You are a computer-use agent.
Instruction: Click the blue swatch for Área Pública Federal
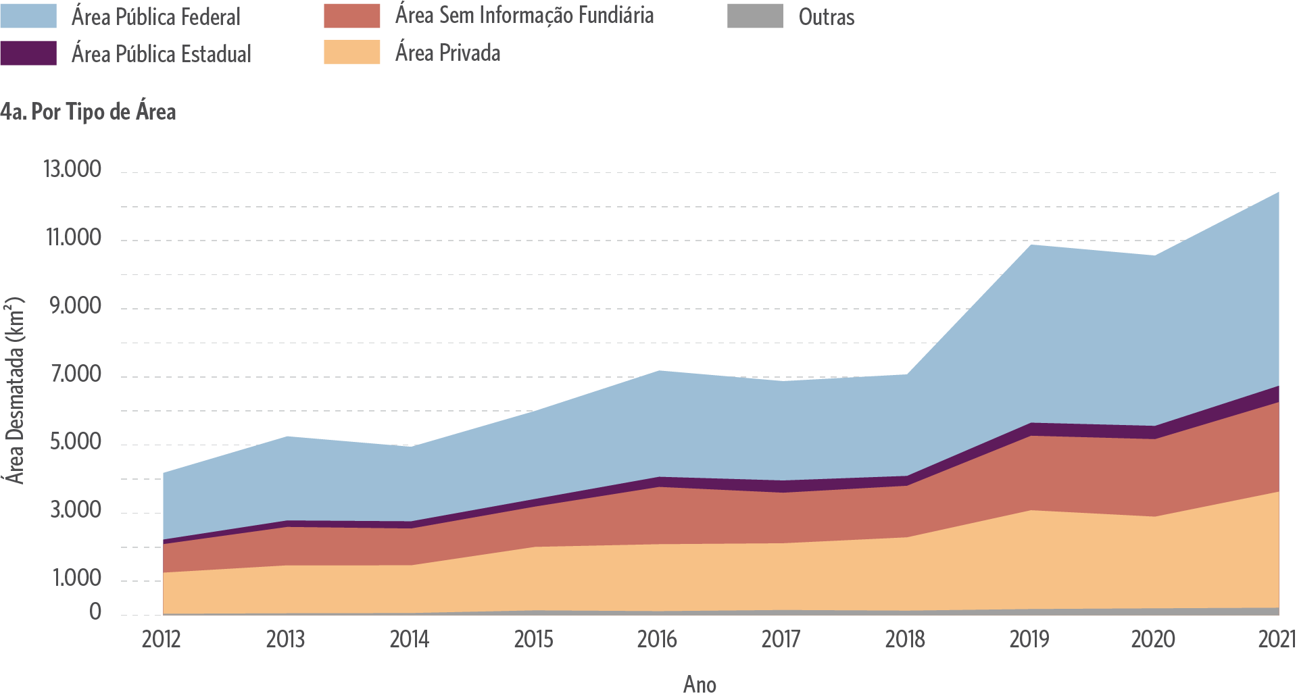[x=28, y=16]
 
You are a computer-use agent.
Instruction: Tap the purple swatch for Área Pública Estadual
[x=28, y=53]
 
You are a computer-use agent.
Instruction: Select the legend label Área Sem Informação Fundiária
[x=524, y=16]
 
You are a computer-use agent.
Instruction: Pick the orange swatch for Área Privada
[x=351, y=53]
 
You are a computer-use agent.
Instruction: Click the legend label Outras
[x=826, y=17]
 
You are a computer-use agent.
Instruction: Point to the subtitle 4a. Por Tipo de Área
[x=89, y=111]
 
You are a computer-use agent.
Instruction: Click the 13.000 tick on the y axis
[x=72, y=169]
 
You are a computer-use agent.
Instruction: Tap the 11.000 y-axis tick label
[x=73, y=238]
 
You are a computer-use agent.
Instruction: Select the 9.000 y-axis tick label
[x=75, y=306]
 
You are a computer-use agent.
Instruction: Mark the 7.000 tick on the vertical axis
[x=76, y=374]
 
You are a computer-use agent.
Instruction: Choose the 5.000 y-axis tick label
[x=75, y=442]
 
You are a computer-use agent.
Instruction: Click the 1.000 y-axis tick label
[x=77, y=578]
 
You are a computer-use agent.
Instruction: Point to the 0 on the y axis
[x=95, y=612]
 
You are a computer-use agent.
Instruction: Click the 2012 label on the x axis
[x=161, y=639]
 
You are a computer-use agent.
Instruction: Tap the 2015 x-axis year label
[x=533, y=639]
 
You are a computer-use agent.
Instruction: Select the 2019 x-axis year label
[x=1029, y=639]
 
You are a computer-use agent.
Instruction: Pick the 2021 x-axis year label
[x=1276, y=639]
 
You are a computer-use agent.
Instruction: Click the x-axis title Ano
[x=700, y=684]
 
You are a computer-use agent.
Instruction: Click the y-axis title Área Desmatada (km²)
[x=15, y=391]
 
